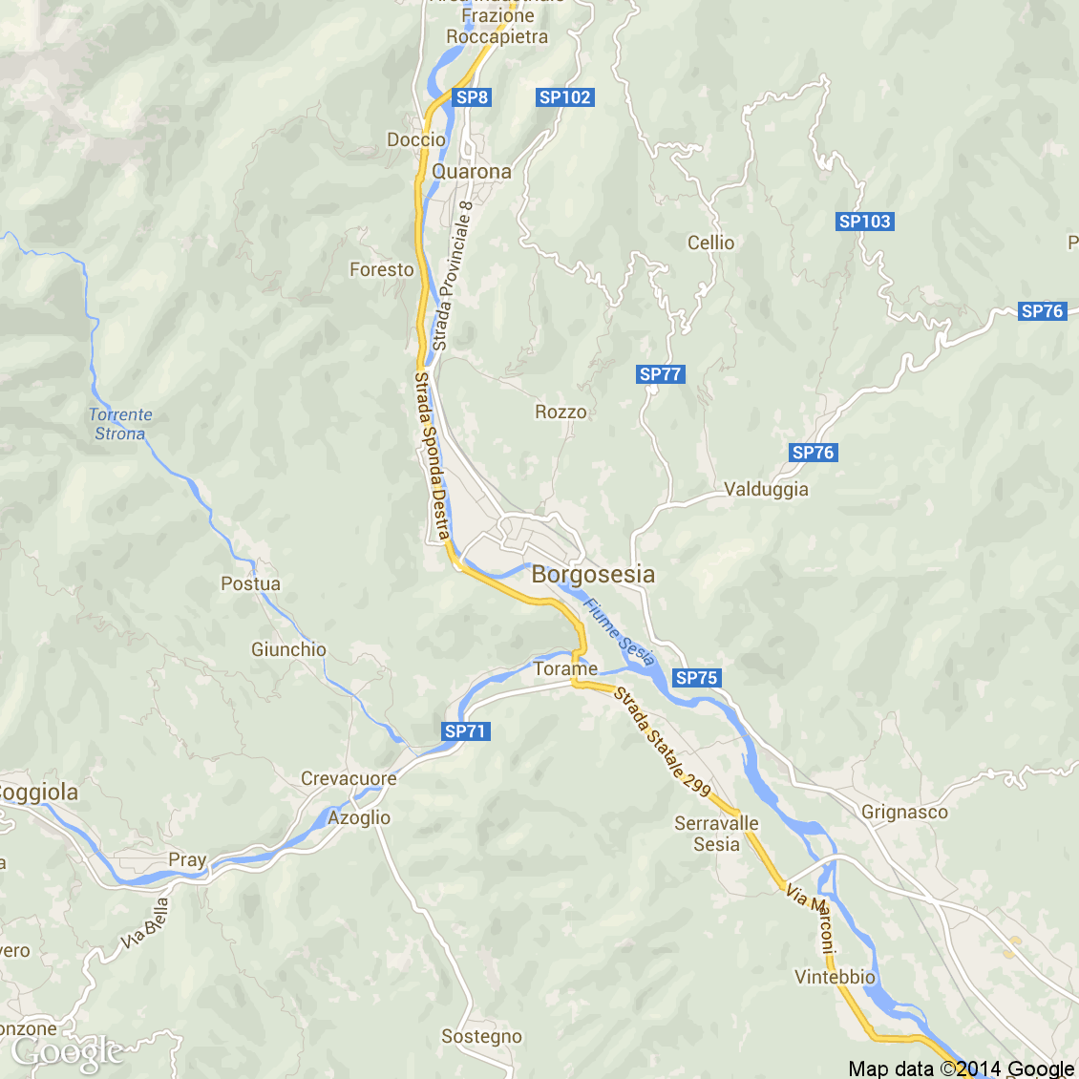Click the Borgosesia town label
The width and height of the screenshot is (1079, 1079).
click(x=593, y=574)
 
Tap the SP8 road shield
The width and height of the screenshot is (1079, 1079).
click(x=472, y=97)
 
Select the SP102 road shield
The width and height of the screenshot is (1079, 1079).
click(x=565, y=97)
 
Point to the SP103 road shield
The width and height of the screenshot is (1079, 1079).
click(x=864, y=222)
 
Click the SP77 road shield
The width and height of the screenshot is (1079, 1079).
click(x=661, y=374)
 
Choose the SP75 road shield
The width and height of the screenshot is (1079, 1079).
click(x=696, y=678)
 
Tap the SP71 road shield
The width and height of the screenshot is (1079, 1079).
click(x=466, y=731)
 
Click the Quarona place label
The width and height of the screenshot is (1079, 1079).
click(x=472, y=172)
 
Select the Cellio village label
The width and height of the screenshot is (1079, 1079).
click(x=711, y=243)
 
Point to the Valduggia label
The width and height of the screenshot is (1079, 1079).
click(x=766, y=490)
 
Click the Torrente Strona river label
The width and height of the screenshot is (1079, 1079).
click(x=120, y=424)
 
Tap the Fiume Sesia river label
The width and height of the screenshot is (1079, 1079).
click(x=620, y=631)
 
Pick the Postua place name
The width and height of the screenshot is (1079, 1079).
click(x=251, y=583)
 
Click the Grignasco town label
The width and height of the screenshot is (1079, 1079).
click(x=904, y=813)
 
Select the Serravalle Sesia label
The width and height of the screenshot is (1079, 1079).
click(x=716, y=834)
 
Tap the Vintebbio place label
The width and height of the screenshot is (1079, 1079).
click(x=835, y=977)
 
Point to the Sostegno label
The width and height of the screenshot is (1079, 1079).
click(x=481, y=1036)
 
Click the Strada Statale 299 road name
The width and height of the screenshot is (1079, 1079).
click(x=663, y=741)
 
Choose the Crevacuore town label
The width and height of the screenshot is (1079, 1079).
click(x=349, y=778)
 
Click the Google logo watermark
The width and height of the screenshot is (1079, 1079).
click(x=67, y=1052)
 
